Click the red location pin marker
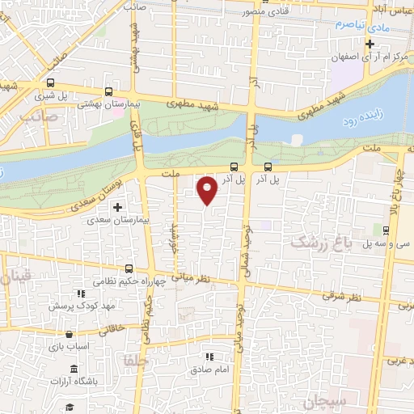207,189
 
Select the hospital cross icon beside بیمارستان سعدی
117,207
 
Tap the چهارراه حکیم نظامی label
125,281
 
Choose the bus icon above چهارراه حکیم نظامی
129,268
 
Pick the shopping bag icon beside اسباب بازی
70,334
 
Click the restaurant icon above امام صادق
209,356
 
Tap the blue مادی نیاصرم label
357,25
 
